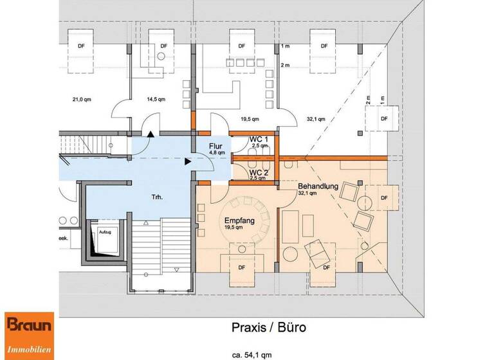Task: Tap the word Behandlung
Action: tap(318, 186)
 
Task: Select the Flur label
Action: tap(215, 146)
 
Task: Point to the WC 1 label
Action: tap(258, 139)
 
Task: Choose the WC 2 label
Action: tap(258, 172)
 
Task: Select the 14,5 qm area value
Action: tap(156, 100)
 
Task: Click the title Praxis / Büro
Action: tap(269, 327)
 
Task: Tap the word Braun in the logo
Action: tap(29, 326)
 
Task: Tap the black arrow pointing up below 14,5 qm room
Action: tap(151, 134)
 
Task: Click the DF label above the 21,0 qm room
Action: tap(81, 46)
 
